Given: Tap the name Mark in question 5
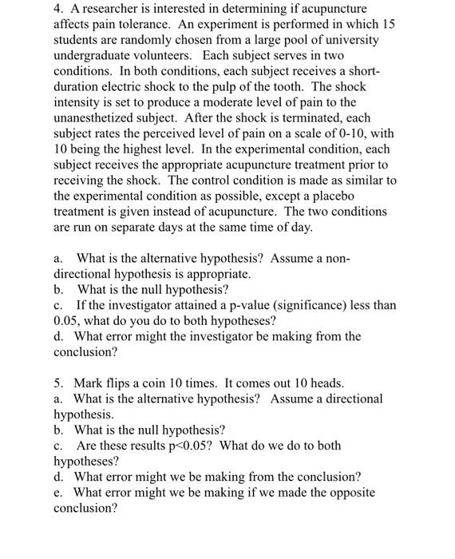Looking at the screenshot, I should click(89, 383).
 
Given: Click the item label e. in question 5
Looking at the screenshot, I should click(59, 492).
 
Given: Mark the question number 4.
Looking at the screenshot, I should click(58, 9).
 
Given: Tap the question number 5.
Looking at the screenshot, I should click(58, 383).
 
